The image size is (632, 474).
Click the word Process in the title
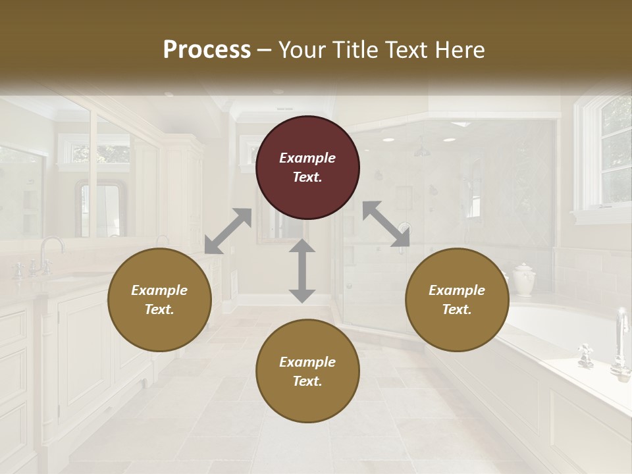click(207, 50)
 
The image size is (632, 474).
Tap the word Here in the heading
click(461, 50)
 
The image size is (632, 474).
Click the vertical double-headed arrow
click(302, 271)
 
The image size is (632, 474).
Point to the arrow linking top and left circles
click(228, 231)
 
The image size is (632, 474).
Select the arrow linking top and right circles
click(386, 224)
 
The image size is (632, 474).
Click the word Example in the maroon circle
click(307, 158)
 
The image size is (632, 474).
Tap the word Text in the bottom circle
click(306, 381)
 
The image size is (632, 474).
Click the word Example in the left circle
click(159, 290)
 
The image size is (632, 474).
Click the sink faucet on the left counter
click(49, 254)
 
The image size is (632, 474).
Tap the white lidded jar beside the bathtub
click(523, 279)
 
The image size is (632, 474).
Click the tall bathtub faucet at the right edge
click(621, 342)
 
